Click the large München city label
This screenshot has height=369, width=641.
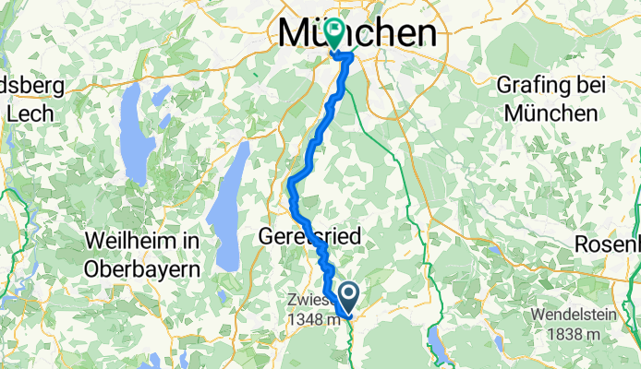click(357, 33)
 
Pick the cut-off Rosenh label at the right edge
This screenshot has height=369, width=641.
click(607, 244)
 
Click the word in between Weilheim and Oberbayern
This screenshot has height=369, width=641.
click(192, 242)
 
